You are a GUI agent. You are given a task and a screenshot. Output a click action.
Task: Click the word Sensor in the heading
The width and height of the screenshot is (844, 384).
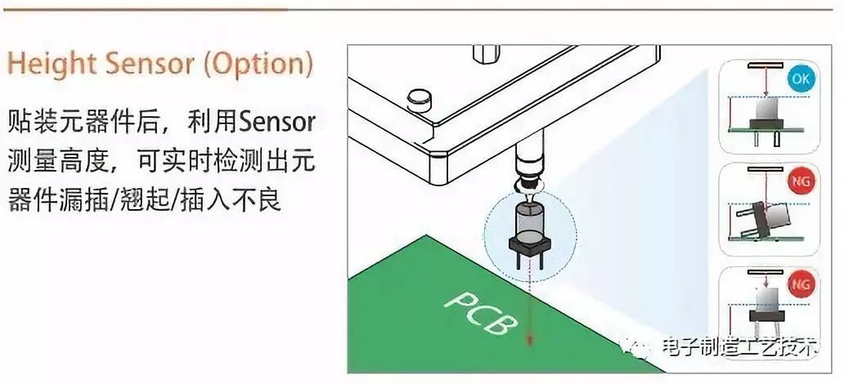(x=150, y=65)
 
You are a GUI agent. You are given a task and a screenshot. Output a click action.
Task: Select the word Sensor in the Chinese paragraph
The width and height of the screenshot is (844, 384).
(x=277, y=123)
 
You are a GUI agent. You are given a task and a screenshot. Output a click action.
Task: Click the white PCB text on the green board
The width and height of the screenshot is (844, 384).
(x=482, y=313)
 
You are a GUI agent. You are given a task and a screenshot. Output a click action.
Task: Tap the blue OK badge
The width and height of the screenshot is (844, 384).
(x=801, y=79)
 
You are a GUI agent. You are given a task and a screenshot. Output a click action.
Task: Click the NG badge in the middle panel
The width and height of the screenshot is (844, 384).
(x=801, y=183)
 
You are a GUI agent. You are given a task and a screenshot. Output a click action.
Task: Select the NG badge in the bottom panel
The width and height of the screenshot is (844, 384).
(x=801, y=284)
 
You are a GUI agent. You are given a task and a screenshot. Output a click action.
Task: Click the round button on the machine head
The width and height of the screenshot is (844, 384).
(x=420, y=99)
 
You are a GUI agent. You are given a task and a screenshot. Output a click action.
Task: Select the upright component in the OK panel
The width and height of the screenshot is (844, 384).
(x=766, y=118)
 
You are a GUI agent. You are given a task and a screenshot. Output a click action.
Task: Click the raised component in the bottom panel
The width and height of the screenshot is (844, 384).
(x=766, y=310)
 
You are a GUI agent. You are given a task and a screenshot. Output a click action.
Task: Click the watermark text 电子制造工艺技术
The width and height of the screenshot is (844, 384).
(x=741, y=346)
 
